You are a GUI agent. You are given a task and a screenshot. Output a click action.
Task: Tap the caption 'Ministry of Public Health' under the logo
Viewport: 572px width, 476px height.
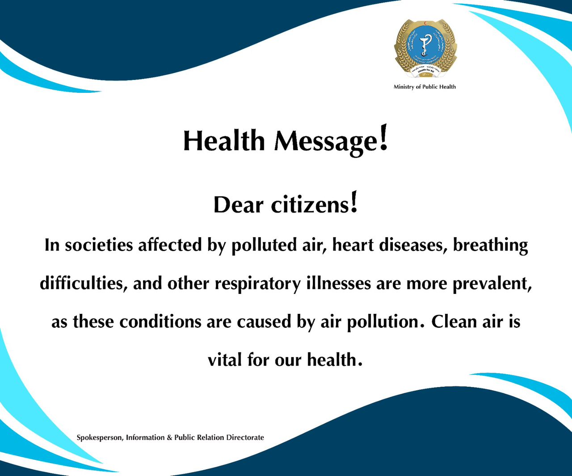(425, 87)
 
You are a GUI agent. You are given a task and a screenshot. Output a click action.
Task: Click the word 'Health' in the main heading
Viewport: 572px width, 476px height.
(224, 141)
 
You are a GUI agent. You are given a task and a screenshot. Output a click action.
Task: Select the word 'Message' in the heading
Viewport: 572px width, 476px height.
(326, 142)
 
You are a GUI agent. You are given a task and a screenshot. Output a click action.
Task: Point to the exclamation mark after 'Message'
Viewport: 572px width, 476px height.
(383, 138)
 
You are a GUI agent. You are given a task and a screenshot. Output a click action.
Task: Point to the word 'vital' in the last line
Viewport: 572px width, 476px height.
(225, 360)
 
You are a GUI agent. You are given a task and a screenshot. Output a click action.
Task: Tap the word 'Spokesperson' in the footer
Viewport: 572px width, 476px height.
(99, 438)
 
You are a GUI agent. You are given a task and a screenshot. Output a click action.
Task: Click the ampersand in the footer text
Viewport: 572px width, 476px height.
(169, 438)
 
